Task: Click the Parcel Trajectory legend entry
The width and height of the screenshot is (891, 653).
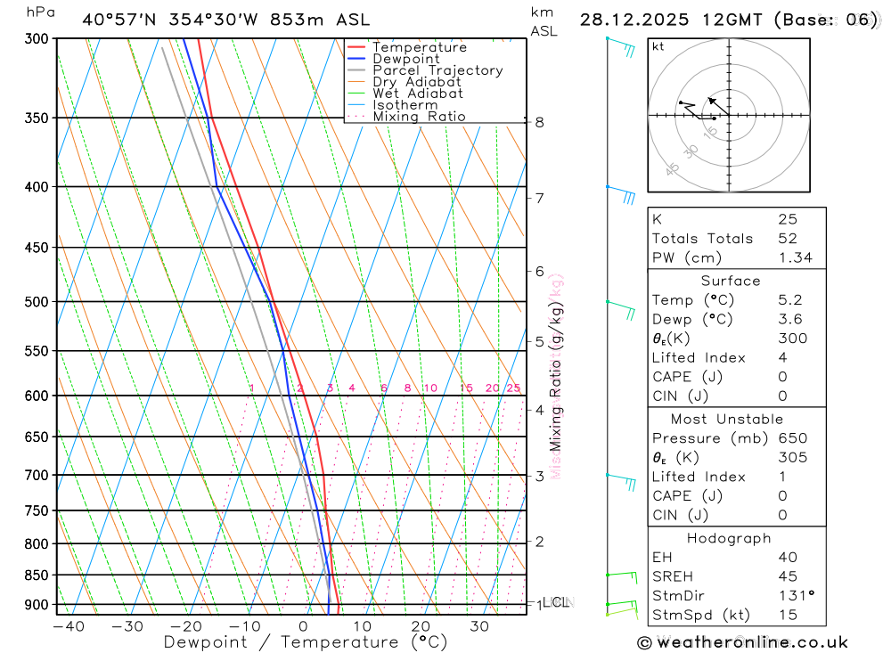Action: point(437,70)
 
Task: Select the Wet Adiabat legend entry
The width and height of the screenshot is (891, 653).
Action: point(417,94)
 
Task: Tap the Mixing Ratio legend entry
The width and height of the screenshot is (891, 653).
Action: point(419,117)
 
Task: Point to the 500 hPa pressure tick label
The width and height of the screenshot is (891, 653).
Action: point(36,302)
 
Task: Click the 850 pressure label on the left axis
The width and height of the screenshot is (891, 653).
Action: point(36,575)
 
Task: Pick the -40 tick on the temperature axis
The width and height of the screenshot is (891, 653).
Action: point(68,626)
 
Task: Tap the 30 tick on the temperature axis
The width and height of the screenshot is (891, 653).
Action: point(479,626)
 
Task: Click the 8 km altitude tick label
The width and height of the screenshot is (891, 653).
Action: point(540,122)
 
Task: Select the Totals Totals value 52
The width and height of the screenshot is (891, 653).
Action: point(788,239)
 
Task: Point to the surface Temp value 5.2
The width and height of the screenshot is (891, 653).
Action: point(789,300)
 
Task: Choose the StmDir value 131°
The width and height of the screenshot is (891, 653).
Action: point(796,596)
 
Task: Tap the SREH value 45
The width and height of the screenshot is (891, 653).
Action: point(788,576)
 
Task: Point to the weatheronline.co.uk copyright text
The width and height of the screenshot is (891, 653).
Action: point(742,642)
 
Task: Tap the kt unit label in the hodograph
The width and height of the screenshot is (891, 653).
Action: point(658,46)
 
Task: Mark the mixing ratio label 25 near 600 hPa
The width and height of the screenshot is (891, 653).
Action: point(513,388)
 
